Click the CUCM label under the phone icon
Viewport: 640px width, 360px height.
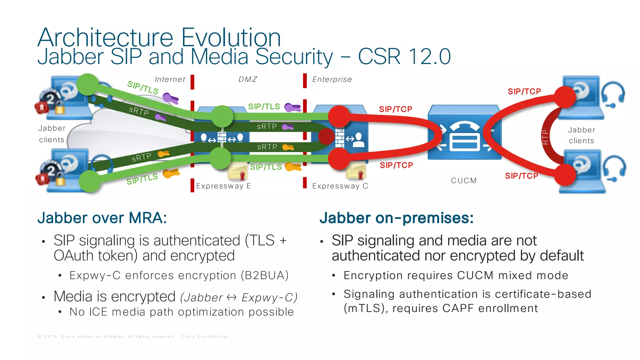pyautogui.click(x=464, y=181)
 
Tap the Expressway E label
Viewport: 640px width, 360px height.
pyautogui.click(x=223, y=186)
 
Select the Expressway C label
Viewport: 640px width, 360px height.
pyautogui.click(x=340, y=186)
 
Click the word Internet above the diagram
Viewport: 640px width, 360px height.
pyautogui.click(x=170, y=79)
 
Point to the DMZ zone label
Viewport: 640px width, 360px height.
pyautogui.click(x=248, y=79)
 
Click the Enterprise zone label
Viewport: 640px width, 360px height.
pyautogui.click(x=332, y=79)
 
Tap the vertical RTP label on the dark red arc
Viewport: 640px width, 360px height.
pyautogui.click(x=545, y=137)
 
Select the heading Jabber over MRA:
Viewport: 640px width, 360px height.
pyautogui.click(x=102, y=218)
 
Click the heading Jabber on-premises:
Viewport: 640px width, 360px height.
pyautogui.click(x=396, y=218)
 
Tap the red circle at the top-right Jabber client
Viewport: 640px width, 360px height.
pyautogui.click(x=565, y=97)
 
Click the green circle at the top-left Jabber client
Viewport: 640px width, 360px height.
pyautogui.click(x=88, y=84)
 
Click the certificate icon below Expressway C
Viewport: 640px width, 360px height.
pyautogui.click(x=356, y=171)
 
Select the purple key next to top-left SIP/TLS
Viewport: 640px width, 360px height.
pyautogui.click(x=170, y=98)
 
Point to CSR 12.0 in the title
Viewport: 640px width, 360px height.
pyautogui.click(x=404, y=57)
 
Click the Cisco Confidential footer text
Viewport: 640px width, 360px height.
pyautogui.click(x=205, y=337)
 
